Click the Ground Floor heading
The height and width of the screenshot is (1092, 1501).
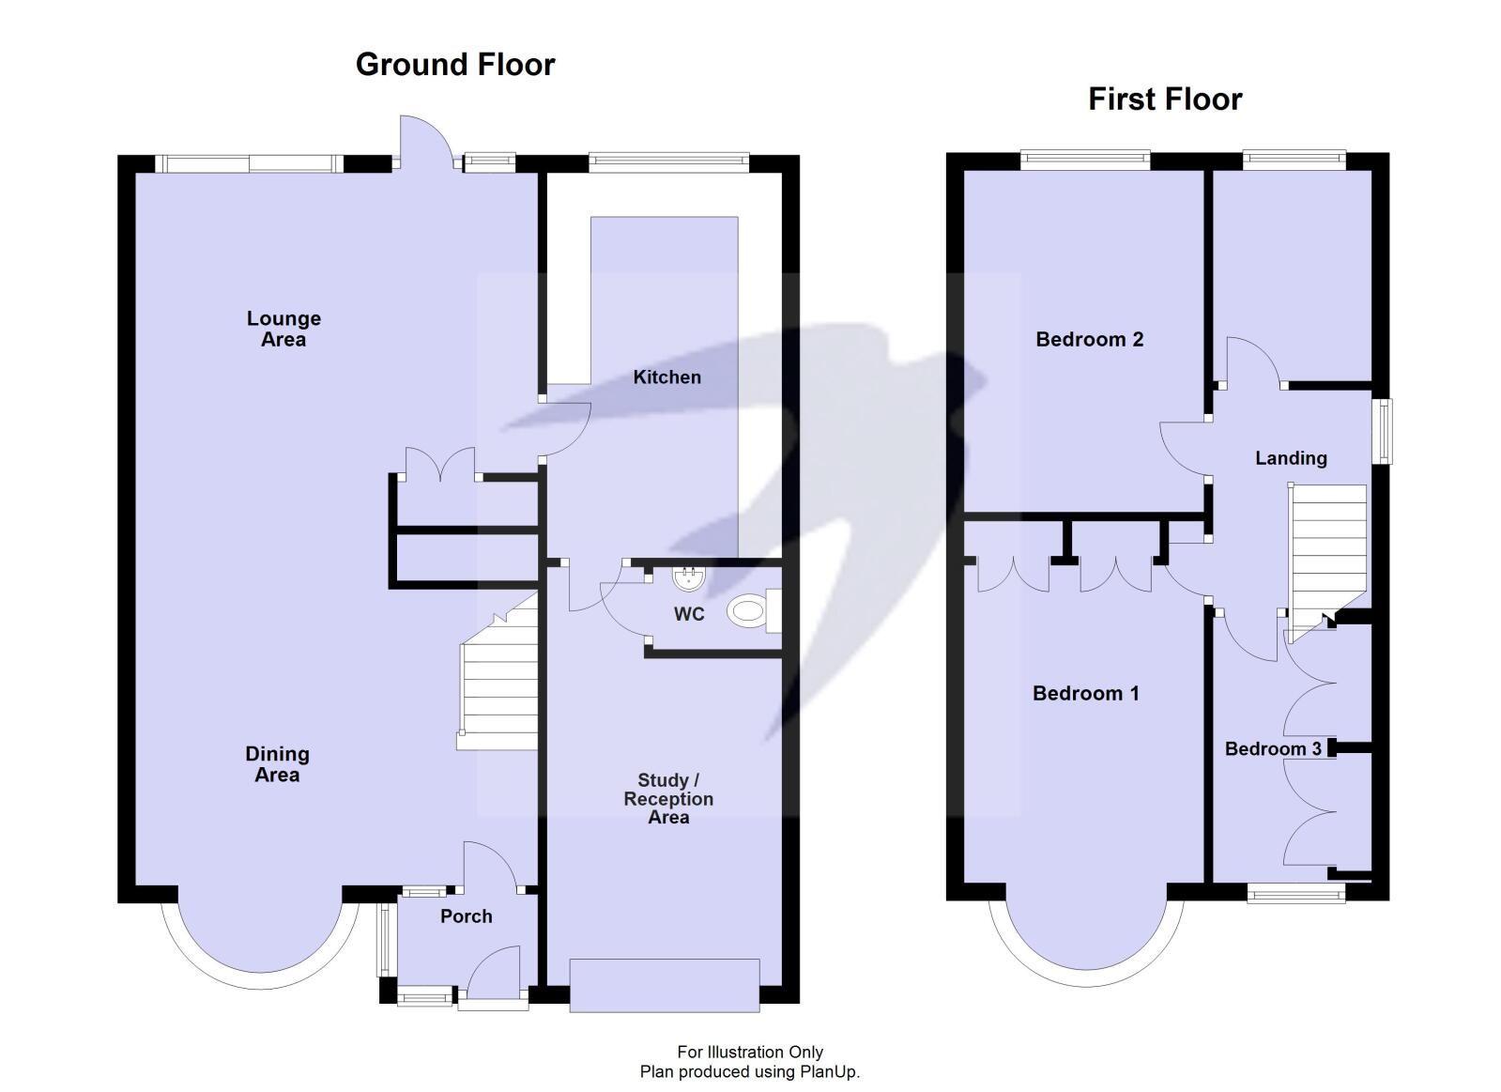point(455,65)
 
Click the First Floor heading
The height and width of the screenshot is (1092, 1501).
point(1164,100)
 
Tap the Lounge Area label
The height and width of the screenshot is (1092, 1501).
point(283,330)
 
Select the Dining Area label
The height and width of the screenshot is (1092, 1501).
point(277,764)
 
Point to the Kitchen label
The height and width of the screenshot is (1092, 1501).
point(666,377)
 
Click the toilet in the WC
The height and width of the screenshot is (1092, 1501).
point(749,613)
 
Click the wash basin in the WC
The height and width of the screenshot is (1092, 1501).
point(689,578)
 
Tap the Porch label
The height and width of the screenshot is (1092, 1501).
point(467,916)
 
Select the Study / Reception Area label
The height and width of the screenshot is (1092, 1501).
point(668,799)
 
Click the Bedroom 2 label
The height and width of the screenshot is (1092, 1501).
point(1089,340)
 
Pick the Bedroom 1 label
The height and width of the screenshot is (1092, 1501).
point(1085,694)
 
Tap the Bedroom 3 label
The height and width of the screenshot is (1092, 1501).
point(1273,749)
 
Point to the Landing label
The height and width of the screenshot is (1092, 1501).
point(1291,458)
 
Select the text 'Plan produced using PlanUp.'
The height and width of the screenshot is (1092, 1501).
point(749,1071)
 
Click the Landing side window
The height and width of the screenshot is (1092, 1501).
point(1383,431)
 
